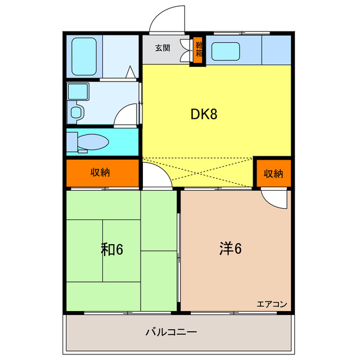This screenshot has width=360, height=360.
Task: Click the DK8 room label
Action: (x=204, y=114)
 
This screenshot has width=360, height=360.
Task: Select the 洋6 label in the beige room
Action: (x=230, y=248)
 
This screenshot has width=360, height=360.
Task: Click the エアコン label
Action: (x=272, y=304)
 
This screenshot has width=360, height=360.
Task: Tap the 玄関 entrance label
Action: (x=163, y=48)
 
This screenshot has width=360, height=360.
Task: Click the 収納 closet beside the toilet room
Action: (x=101, y=173)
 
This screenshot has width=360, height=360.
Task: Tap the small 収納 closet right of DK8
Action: (x=273, y=173)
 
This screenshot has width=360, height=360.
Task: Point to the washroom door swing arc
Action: (x=126, y=115)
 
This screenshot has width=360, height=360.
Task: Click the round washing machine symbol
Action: (x=76, y=112)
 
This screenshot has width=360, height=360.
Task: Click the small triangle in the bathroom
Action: (x=130, y=71)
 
